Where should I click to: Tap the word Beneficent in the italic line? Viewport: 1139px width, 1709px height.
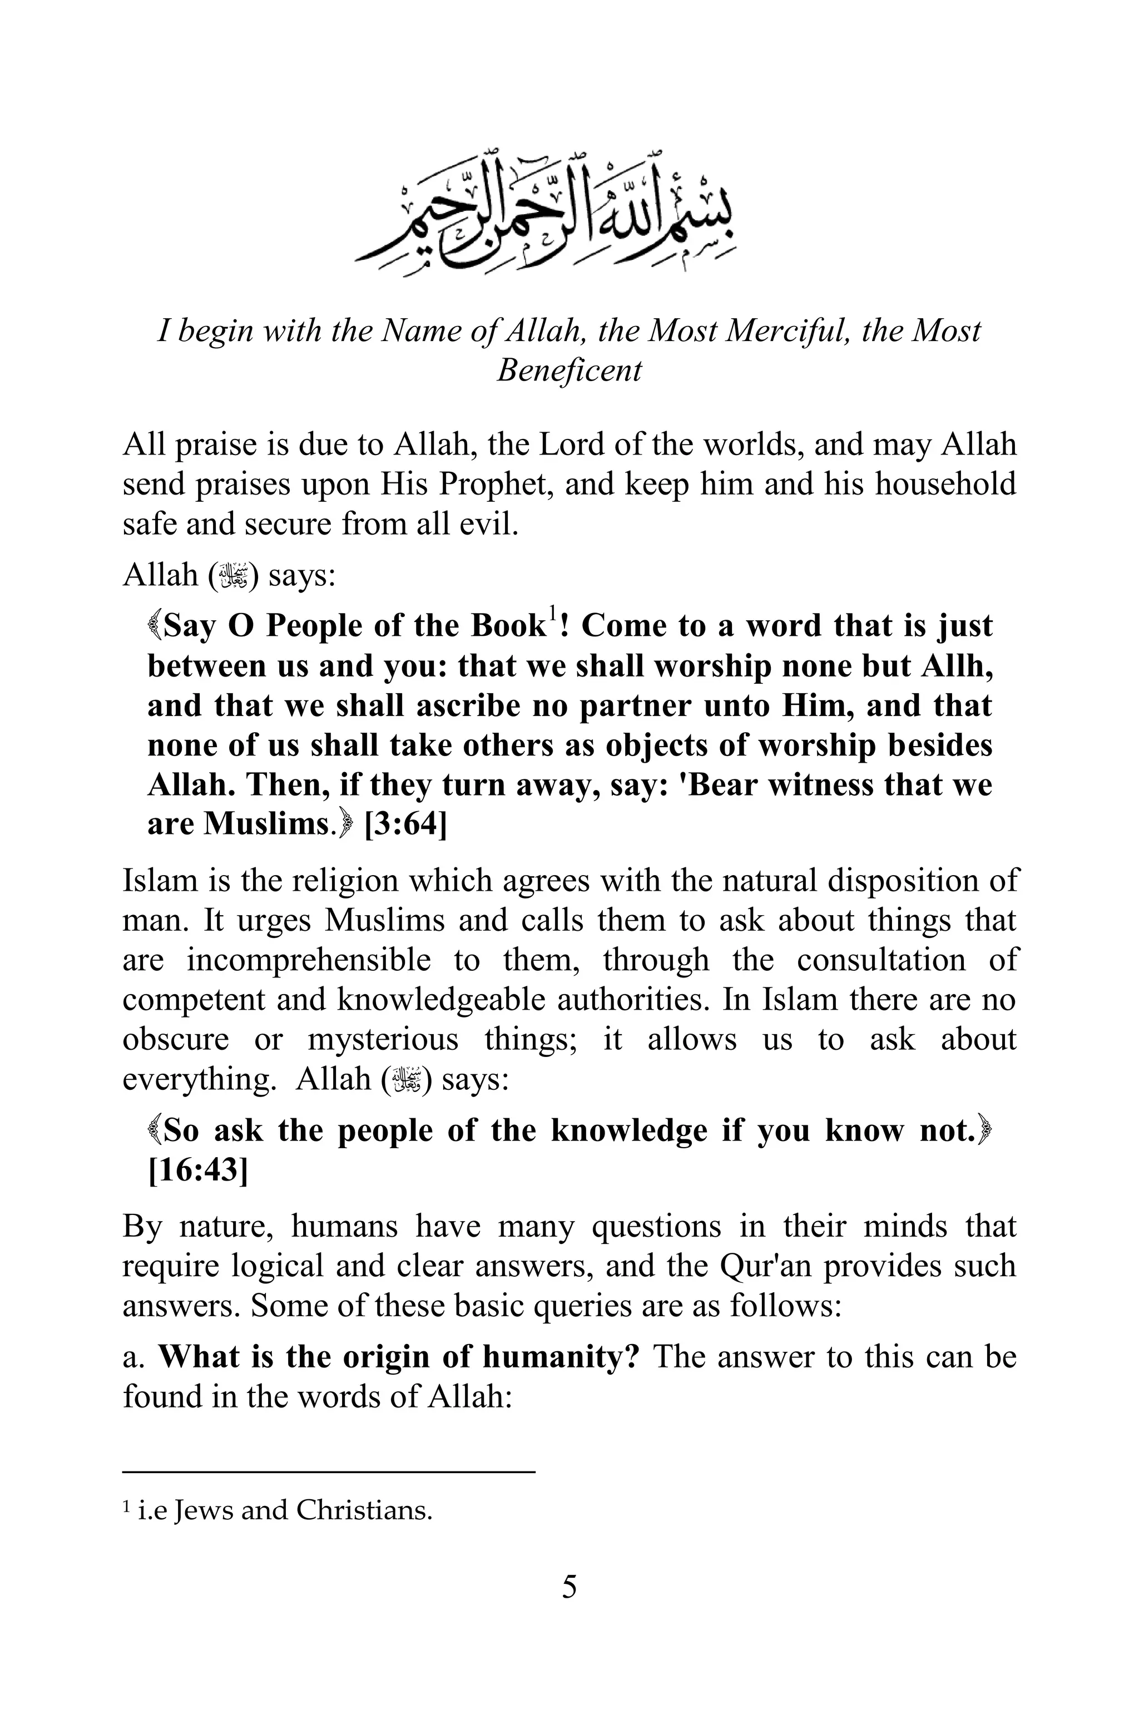[569, 370]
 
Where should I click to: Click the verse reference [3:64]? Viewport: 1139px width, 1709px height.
[405, 824]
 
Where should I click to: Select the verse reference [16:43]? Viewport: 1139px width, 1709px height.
[197, 1170]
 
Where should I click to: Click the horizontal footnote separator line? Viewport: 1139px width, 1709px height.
[328, 1471]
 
